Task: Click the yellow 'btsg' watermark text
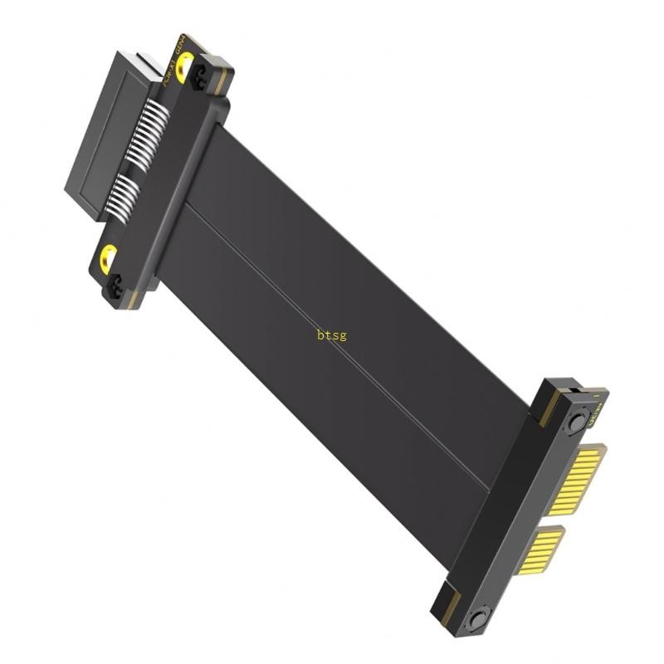[331, 335]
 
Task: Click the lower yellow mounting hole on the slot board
[108, 259]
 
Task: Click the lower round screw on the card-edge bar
[476, 621]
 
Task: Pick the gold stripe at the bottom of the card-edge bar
[449, 599]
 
